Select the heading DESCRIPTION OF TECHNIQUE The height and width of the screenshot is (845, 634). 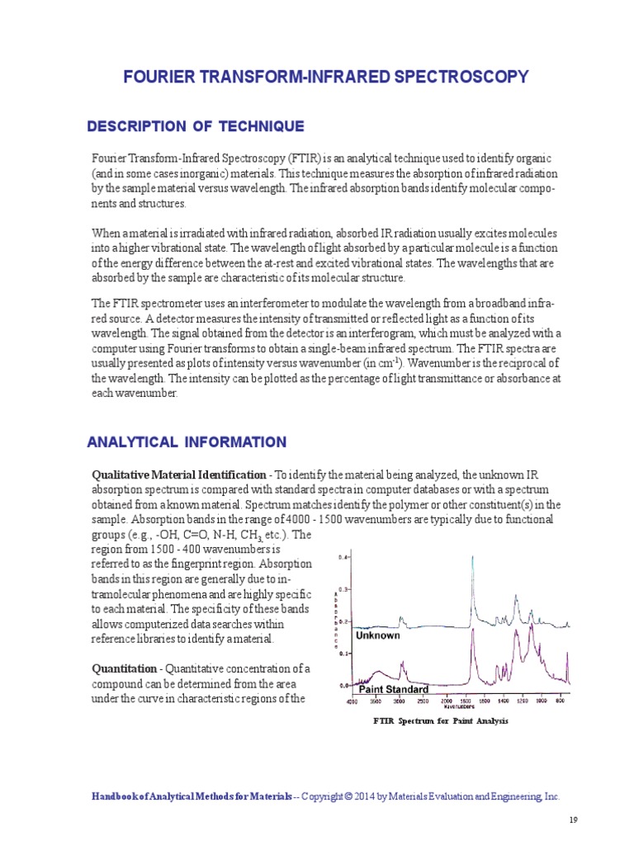(x=196, y=126)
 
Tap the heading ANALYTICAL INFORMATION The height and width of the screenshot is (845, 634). (x=187, y=442)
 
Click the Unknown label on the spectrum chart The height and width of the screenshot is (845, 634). (x=377, y=635)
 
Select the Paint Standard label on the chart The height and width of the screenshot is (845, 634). (x=392, y=688)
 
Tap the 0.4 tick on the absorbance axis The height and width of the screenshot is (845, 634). (x=344, y=558)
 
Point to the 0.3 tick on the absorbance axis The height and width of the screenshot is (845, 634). (x=344, y=589)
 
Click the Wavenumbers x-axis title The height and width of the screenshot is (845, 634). (x=459, y=707)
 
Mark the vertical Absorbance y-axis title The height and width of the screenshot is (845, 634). (x=335, y=621)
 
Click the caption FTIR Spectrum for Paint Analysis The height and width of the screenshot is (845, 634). (x=441, y=721)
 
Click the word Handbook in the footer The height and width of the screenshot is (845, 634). (x=113, y=797)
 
